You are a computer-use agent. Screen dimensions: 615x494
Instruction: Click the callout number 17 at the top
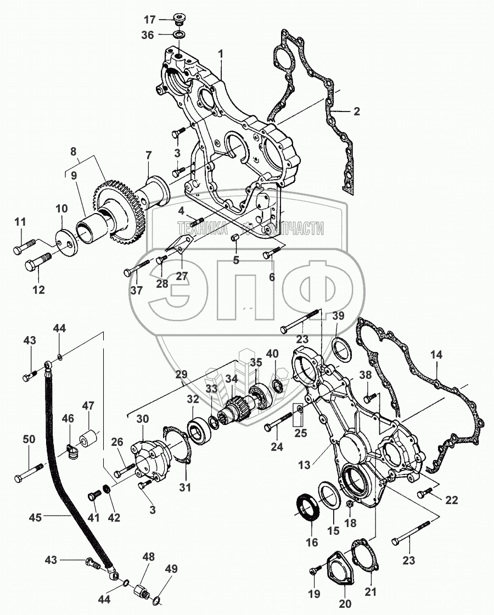[x=150, y=20]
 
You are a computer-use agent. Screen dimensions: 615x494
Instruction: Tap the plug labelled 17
[x=178, y=21]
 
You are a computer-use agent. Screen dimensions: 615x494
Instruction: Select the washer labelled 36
[x=178, y=36]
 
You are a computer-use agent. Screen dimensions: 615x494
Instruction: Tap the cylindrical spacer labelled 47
[x=89, y=440]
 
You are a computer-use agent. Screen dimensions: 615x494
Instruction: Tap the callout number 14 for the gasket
[x=436, y=355]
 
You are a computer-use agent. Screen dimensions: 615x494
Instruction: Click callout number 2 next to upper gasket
[x=357, y=111]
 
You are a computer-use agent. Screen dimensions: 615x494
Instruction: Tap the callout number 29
[x=180, y=374]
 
